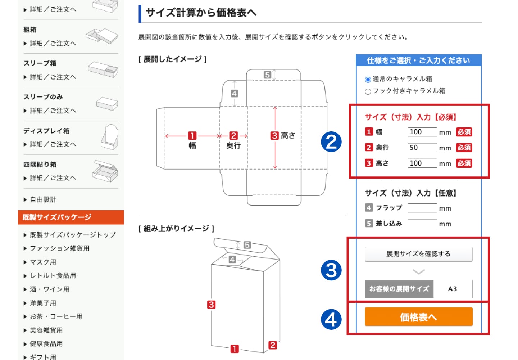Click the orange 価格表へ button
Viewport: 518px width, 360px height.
tap(419, 317)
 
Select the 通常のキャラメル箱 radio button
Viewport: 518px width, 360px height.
tap(368, 80)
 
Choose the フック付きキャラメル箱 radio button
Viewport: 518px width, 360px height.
tap(368, 91)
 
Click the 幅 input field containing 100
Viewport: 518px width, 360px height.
tap(422, 132)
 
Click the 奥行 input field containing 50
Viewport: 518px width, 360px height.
tap(422, 148)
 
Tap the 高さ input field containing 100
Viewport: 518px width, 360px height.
tap(422, 163)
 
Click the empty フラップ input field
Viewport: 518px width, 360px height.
tap(422, 208)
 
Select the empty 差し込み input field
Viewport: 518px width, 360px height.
tap(422, 224)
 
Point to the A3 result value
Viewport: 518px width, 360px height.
tap(452, 289)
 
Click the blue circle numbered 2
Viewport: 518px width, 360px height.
tap(331, 141)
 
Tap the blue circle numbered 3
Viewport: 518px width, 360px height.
tap(331, 270)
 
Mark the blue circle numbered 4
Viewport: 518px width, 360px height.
tap(331, 320)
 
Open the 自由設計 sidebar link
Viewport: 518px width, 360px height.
tap(43, 199)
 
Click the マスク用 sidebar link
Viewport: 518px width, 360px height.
tap(43, 262)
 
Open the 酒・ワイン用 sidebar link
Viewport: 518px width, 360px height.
tap(50, 289)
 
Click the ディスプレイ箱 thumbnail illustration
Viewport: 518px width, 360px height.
tap(110, 137)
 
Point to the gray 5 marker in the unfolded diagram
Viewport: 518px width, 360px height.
tap(267, 75)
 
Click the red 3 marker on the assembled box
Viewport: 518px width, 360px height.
tap(211, 305)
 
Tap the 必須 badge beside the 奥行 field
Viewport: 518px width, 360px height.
tap(464, 148)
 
